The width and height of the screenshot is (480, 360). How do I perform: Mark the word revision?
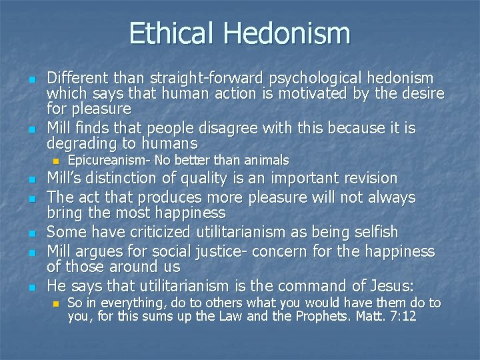tap(371, 179)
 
